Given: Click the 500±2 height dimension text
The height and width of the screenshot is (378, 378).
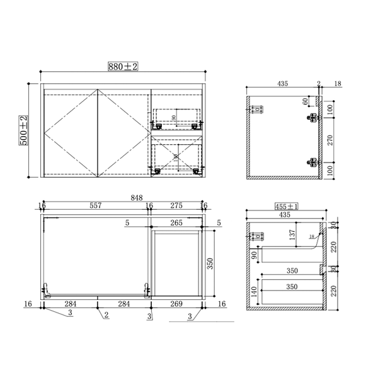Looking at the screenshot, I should click(23, 131).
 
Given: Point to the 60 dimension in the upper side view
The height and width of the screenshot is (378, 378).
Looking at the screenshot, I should click(306, 102).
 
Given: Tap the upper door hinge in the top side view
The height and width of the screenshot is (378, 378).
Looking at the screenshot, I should click(311, 117).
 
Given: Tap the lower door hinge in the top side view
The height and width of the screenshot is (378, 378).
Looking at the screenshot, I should click(311, 162).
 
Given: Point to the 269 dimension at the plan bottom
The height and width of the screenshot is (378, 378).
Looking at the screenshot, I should click(176, 304).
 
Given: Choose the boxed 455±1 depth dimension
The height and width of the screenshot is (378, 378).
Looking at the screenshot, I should click(286, 205).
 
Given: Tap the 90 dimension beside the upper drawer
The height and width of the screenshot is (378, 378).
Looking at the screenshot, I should click(254, 255).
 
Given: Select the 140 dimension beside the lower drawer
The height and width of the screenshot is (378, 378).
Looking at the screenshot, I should click(254, 292).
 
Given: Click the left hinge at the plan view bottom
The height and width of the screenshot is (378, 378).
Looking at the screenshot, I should click(47, 289).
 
